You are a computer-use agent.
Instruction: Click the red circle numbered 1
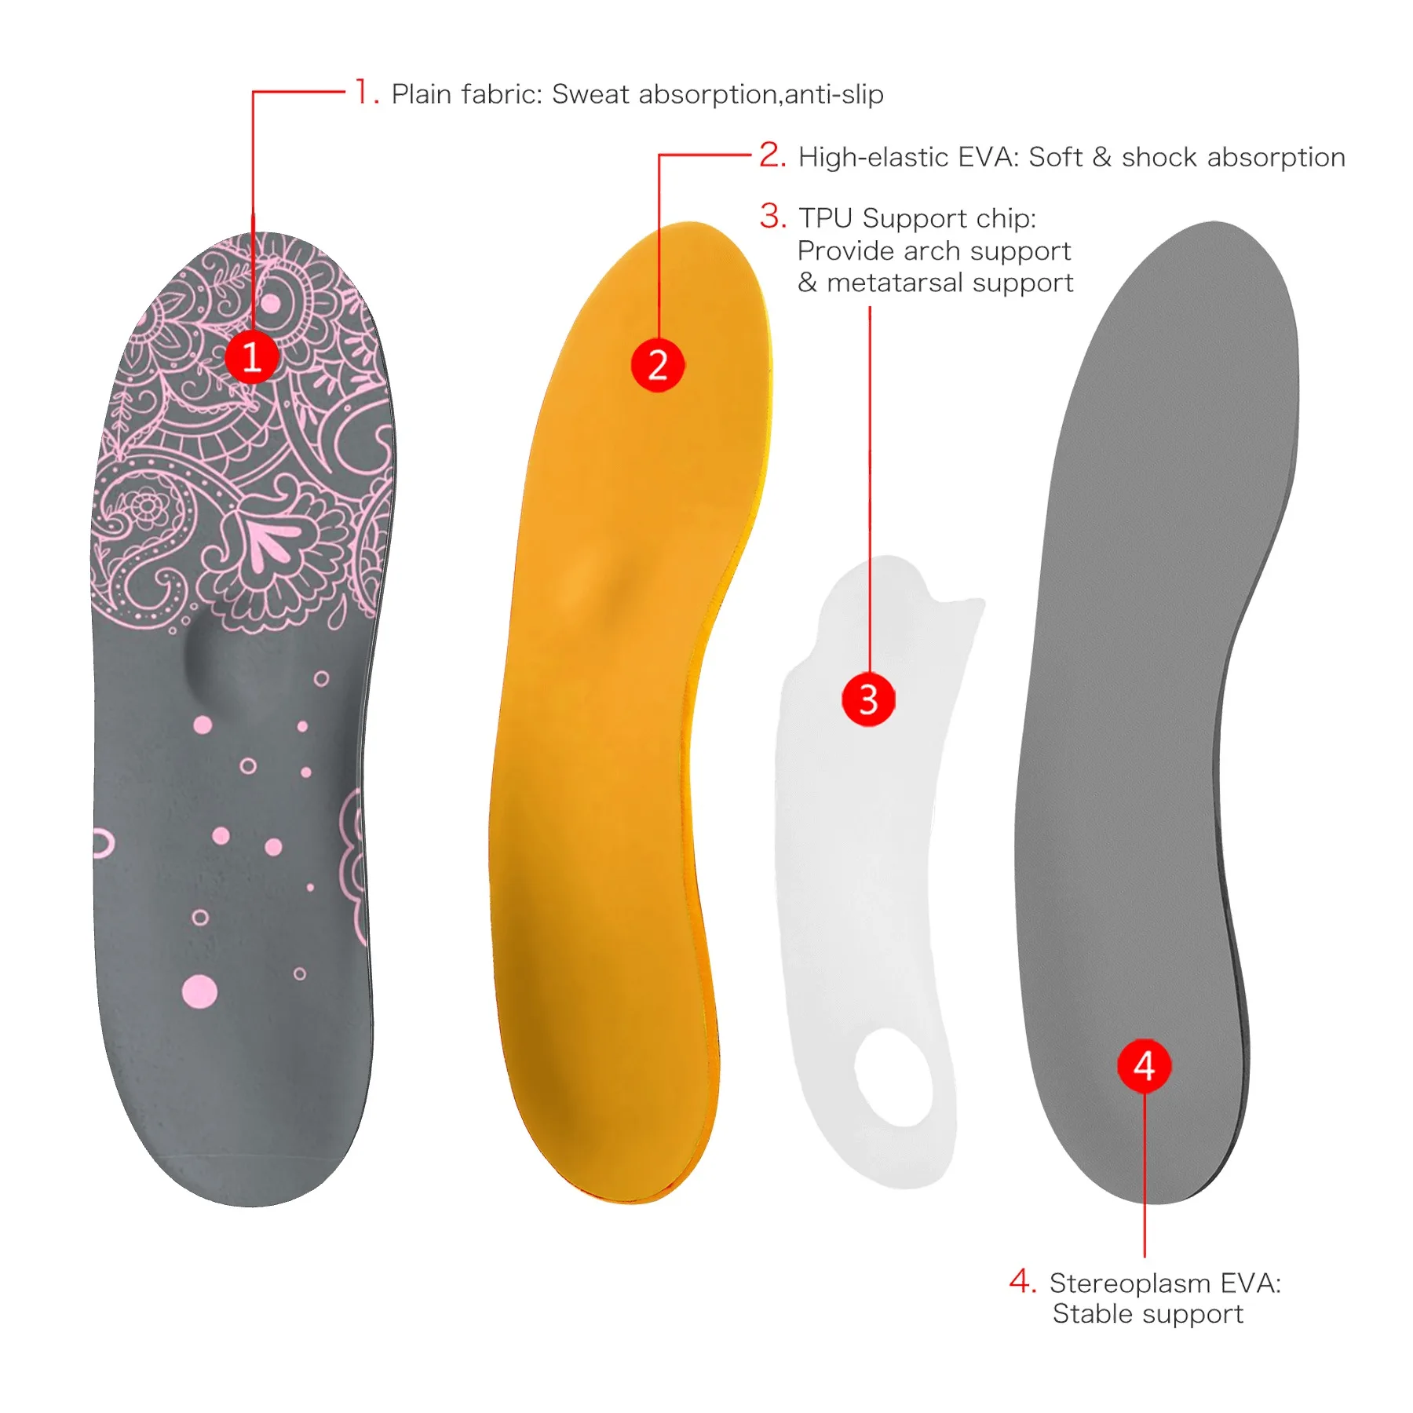(252, 357)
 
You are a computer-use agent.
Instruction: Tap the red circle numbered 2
(658, 365)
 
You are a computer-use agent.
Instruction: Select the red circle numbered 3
(868, 699)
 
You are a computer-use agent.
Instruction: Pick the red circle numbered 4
(1144, 1065)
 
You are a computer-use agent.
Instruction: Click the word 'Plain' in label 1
(422, 94)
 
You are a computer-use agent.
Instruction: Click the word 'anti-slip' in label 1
(834, 94)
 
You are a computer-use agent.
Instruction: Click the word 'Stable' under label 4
(1090, 1314)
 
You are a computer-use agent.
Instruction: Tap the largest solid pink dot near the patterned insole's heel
(199, 991)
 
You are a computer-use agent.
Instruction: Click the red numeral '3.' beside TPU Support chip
(772, 216)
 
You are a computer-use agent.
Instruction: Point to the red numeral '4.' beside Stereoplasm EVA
(1023, 1281)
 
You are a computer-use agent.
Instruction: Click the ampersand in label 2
(1101, 157)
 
